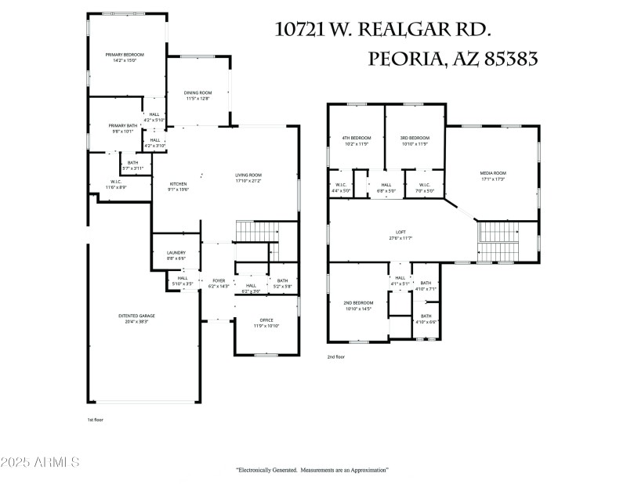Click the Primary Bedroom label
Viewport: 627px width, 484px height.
click(125, 55)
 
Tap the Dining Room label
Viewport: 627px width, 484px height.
click(198, 92)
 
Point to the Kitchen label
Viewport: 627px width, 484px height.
click(178, 184)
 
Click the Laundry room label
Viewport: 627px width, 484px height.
click(176, 252)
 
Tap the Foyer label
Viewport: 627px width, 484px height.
click(218, 280)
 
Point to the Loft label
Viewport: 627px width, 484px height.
click(400, 232)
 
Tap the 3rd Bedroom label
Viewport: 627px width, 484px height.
click(413, 138)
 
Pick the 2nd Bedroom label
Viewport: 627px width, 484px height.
click(357, 302)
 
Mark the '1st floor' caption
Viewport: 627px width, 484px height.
click(95, 420)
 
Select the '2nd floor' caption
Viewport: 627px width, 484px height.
click(336, 356)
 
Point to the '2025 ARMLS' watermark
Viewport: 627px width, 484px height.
click(41, 462)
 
